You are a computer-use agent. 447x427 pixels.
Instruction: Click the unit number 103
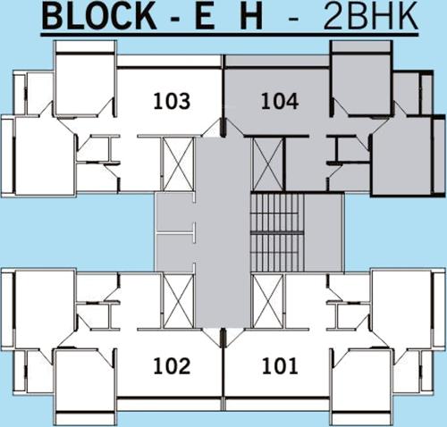[x=171, y=101]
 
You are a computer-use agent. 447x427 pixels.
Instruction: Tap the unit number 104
[x=278, y=101]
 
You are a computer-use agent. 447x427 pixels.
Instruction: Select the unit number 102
[x=171, y=365]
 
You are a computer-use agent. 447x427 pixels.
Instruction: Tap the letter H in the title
[x=255, y=18]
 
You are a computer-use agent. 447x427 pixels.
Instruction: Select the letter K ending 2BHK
[x=408, y=18]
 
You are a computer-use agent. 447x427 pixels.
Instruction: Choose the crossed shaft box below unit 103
[x=178, y=164]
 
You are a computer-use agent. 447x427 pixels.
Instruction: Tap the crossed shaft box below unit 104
[x=267, y=164]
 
